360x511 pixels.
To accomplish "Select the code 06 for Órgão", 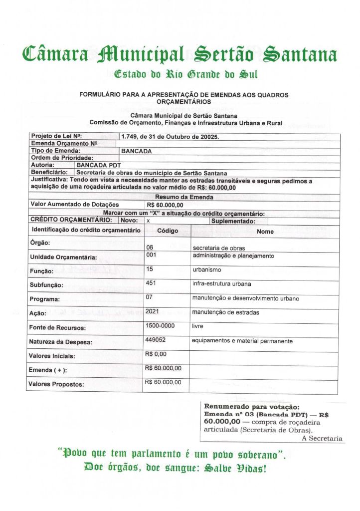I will (x=149, y=248).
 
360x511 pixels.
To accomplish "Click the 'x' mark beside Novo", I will (x=148, y=220).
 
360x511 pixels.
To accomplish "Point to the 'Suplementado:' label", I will (x=233, y=221).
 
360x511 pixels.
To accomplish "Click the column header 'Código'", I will (x=168, y=231).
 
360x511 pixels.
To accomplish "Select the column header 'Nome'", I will (x=265, y=232).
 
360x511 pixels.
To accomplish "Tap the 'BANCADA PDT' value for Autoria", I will (x=99, y=165).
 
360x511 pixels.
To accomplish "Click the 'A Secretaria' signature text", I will (x=322, y=438).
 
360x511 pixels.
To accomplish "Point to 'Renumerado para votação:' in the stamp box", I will (x=252, y=407).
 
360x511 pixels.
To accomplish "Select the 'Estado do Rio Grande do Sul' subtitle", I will (x=185, y=75).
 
